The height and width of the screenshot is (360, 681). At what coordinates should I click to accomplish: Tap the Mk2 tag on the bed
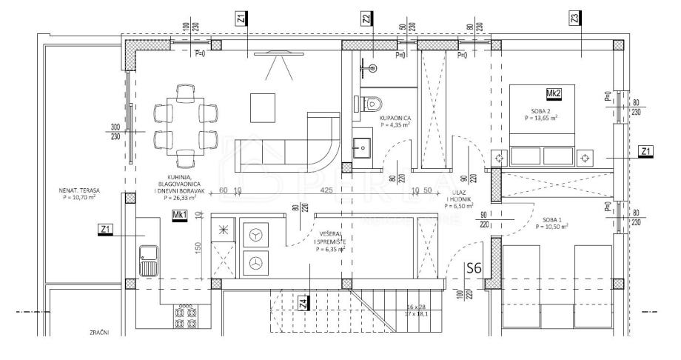click(552, 93)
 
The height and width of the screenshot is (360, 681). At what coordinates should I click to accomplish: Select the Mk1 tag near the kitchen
click(178, 215)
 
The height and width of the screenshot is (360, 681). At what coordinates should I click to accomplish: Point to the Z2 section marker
click(366, 18)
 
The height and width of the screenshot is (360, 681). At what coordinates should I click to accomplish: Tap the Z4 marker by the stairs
click(302, 304)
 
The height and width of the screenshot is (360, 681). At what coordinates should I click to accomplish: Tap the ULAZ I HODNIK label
click(457, 200)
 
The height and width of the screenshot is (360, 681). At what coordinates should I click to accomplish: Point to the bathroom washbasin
click(362, 147)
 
